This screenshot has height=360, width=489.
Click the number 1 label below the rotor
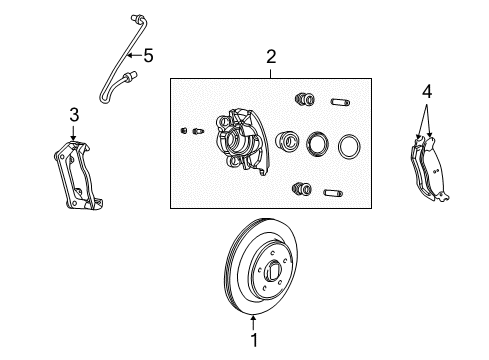pos(252,338)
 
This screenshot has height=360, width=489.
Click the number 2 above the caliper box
pos(270,58)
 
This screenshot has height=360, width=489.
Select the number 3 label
pos(73,115)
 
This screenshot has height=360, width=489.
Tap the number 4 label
pos(427,91)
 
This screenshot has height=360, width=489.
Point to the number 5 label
pos(148,56)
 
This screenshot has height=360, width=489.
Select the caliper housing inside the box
pos(239,142)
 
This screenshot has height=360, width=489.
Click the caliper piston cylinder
pos(286,143)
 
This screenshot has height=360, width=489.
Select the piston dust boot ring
pos(318,146)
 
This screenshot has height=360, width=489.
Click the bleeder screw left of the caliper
pos(200,131)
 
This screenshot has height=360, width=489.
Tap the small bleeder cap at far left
pos(183,130)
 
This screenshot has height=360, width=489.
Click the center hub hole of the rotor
pos(273,267)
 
